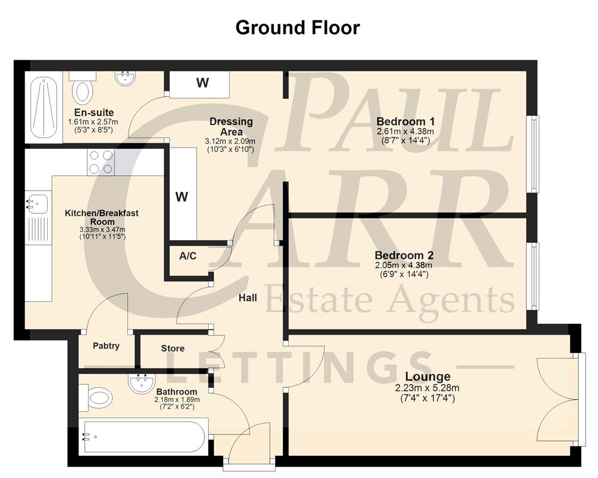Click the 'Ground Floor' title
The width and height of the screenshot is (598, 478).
[x=297, y=27]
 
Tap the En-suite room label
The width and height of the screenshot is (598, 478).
[x=94, y=112]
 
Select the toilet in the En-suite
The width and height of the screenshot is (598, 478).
[x=82, y=90]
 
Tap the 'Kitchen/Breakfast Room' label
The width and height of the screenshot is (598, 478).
[x=102, y=217]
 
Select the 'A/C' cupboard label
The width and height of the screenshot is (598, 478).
[x=188, y=256]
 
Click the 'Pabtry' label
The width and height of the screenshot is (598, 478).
[x=106, y=345]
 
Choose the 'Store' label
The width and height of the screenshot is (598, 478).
[x=173, y=348]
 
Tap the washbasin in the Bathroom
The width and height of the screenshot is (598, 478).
[x=142, y=381]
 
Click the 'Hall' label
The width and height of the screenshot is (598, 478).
[x=248, y=297]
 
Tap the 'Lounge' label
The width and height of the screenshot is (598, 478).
[x=428, y=376]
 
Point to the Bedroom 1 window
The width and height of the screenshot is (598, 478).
[x=533, y=154]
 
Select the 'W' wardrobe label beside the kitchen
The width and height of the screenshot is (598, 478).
[x=182, y=197]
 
